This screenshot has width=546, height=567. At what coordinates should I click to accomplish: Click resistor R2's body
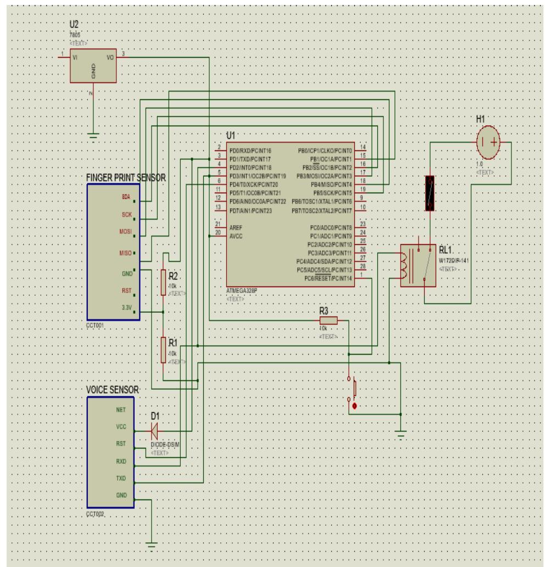coord(163,283)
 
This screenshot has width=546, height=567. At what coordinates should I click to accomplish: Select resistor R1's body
coord(163,350)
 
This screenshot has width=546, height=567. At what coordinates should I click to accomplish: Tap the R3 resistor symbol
coord(328,321)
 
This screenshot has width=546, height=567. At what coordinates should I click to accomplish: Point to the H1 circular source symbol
coord(488,141)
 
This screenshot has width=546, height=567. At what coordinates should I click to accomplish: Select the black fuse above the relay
coord(430,193)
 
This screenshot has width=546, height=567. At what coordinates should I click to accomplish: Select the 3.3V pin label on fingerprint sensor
coord(126,308)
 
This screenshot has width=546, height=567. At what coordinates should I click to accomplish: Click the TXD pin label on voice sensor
coord(121,478)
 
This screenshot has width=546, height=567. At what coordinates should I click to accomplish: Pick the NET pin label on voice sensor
coord(121,409)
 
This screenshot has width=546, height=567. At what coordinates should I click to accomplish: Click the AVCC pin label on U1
coord(236,236)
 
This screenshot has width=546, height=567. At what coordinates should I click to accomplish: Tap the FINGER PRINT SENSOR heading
coord(126,178)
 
